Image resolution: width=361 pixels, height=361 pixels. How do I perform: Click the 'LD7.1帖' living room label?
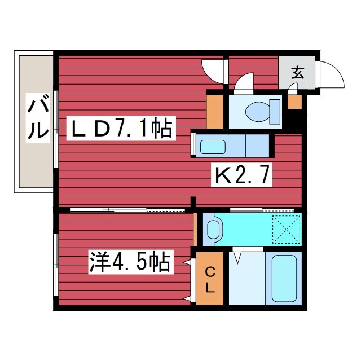(x=122, y=130)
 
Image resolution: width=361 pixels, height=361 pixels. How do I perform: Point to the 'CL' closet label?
(x=209, y=280)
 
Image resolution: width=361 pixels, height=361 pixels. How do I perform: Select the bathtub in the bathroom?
(x=285, y=279)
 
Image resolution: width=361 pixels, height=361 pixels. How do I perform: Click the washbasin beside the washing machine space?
(x=213, y=229)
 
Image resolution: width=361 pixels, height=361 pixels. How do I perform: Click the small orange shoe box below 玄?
(x=294, y=102)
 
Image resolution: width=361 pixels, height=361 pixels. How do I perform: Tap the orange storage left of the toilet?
(x=215, y=111)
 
